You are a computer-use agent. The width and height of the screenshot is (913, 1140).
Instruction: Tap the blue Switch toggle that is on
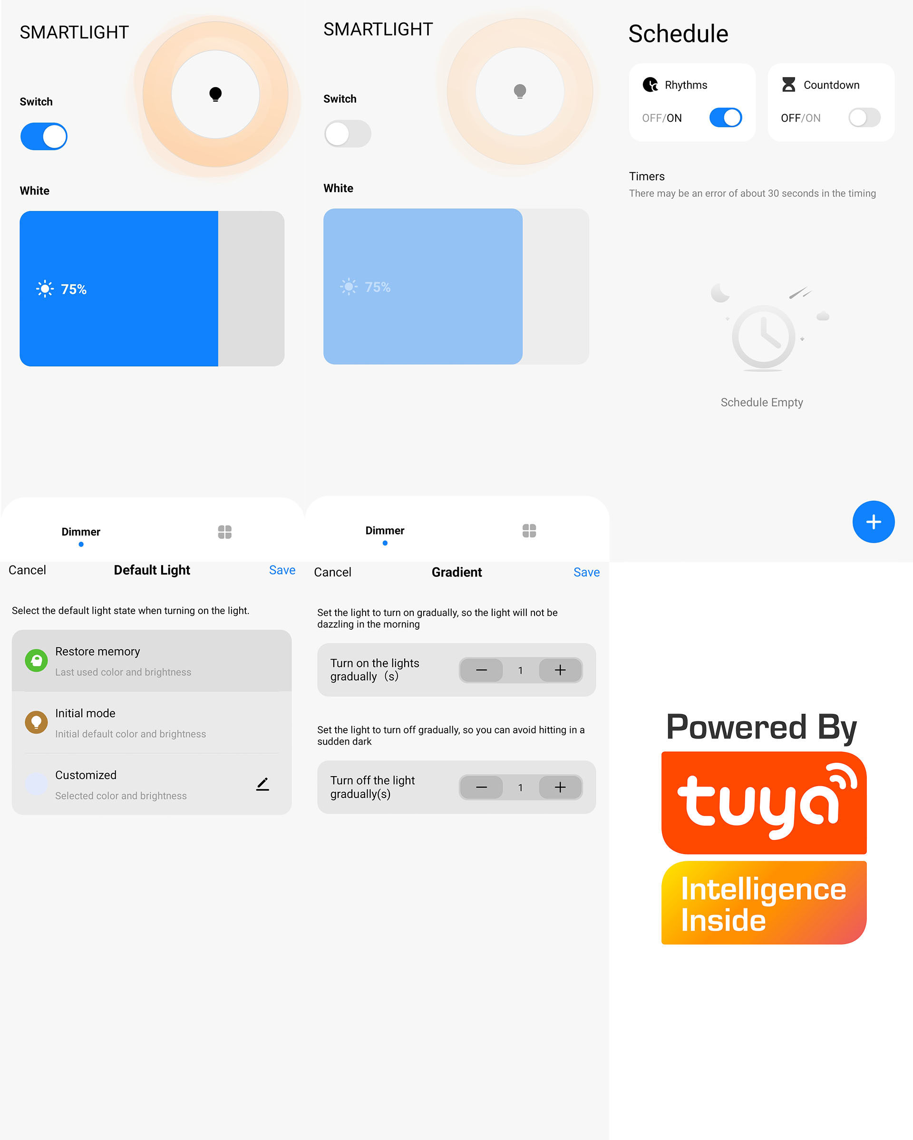(x=44, y=136)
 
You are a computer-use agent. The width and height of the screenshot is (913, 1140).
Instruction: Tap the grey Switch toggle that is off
(x=348, y=134)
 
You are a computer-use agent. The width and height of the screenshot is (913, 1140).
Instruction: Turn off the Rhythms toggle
(x=725, y=117)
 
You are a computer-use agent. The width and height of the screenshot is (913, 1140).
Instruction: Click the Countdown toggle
(x=864, y=117)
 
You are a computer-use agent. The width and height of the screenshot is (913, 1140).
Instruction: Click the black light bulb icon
(x=215, y=94)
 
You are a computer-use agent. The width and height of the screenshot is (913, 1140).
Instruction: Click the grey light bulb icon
(x=520, y=91)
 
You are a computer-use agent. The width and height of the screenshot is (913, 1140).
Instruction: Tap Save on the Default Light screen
(x=282, y=570)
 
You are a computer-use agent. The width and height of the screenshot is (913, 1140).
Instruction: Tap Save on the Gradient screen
(x=586, y=572)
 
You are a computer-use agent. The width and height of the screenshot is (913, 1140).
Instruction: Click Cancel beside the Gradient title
(x=332, y=572)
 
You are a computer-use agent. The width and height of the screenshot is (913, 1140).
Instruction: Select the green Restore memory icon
(x=37, y=661)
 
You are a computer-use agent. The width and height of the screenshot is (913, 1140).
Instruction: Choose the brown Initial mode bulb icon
(x=37, y=722)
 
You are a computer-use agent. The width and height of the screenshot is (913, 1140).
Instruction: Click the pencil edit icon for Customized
(x=263, y=784)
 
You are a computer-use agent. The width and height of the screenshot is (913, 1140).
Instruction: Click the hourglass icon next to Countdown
(x=788, y=85)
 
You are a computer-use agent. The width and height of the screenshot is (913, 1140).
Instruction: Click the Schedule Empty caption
(x=762, y=402)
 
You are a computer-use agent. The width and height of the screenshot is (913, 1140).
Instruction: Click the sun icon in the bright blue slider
(x=45, y=289)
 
